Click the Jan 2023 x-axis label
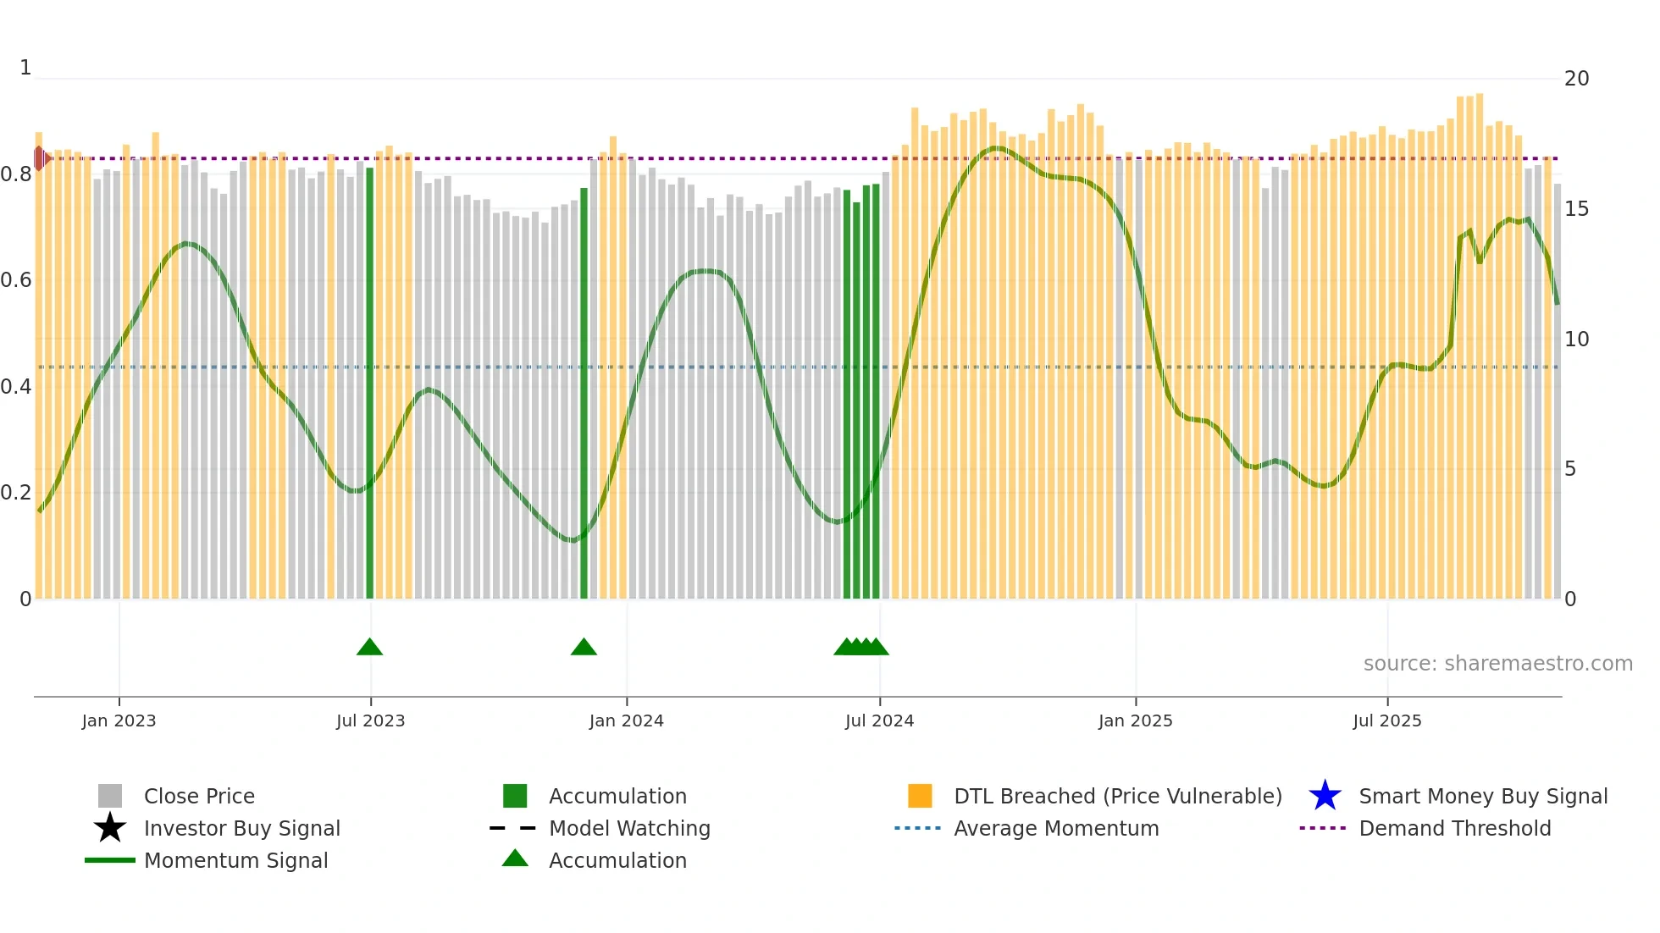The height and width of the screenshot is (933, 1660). (x=119, y=720)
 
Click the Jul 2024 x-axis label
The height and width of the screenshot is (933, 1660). (x=879, y=720)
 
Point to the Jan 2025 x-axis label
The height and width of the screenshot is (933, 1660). (x=1135, y=720)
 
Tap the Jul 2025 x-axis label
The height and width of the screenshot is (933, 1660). (x=1386, y=720)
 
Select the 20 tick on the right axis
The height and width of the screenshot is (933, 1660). (x=1576, y=79)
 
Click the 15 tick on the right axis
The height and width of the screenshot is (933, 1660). (x=1576, y=209)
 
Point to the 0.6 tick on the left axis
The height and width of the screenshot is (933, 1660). (x=16, y=280)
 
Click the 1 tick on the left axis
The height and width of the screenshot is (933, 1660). (x=25, y=68)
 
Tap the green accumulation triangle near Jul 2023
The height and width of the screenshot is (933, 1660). (x=369, y=647)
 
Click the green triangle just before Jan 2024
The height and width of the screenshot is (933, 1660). (x=584, y=647)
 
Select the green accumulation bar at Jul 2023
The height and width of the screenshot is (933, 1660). (x=369, y=381)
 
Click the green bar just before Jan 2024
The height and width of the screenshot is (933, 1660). (x=584, y=389)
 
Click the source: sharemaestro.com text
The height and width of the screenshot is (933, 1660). (x=1497, y=664)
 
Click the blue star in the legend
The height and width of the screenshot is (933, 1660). (x=1325, y=796)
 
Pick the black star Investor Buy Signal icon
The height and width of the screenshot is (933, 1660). (x=110, y=828)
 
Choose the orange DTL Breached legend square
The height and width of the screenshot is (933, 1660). (x=920, y=796)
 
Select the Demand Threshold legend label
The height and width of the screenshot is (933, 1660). (x=1454, y=828)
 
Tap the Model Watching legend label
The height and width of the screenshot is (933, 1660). (x=629, y=828)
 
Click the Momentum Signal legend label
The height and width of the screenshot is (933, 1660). (x=235, y=860)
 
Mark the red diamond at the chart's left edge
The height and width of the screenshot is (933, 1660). (x=40, y=158)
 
